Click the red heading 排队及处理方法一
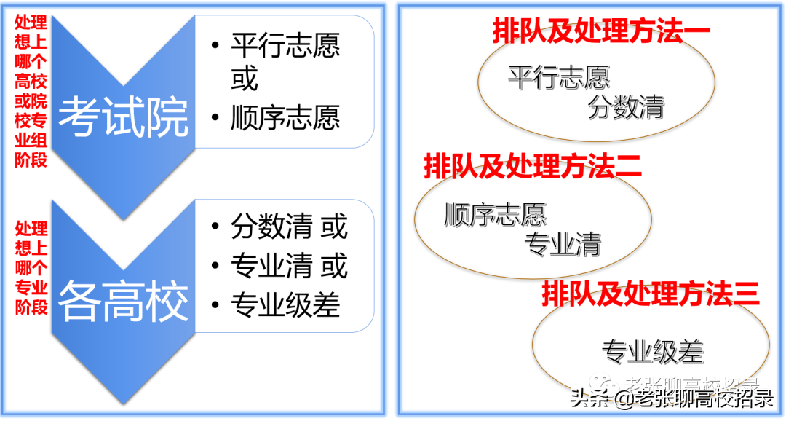click(x=601, y=31)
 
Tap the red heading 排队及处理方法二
click(x=533, y=166)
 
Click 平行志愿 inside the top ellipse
click(x=558, y=77)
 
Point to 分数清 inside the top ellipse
click(x=626, y=109)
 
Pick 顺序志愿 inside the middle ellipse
click(x=495, y=215)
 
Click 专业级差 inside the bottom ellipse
click(x=652, y=353)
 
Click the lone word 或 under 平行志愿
click(x=245, y=79)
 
